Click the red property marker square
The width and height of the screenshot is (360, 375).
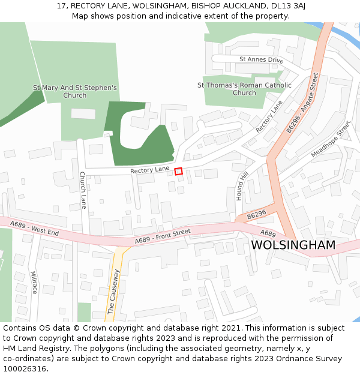coord(178,172)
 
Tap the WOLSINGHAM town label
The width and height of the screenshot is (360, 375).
coord(293,245)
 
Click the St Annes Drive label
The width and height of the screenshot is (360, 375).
coord(261,60)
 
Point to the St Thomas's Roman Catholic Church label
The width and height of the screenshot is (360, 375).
coord(244,89)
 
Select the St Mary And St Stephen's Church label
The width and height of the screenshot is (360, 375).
coord(74,91)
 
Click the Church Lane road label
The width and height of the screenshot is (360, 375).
coord(83,190)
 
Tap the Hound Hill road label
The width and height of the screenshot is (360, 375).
coord(242,185)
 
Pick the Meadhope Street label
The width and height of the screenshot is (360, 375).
coord(331,139)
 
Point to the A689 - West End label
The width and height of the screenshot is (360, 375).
coord(35,228)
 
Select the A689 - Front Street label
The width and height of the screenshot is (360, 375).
coord(163,236)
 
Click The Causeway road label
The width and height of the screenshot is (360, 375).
coord(113,292)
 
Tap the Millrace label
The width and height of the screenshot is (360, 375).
coord(34,282)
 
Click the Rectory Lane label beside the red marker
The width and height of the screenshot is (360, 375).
coord(150,170)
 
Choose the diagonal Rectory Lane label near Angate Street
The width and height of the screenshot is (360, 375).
coord(269,116)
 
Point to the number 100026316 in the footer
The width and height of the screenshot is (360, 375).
coord(24,368)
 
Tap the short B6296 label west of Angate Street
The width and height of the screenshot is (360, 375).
coord(256,214)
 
